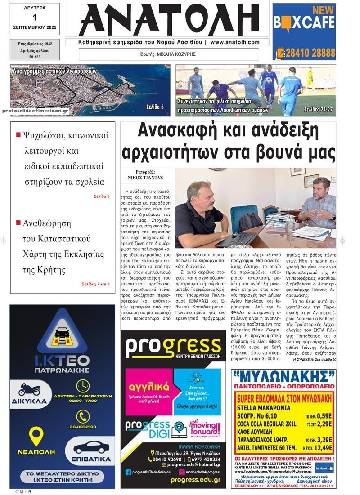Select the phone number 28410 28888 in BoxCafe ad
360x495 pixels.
point(308,53)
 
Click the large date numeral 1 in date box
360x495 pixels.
point(34,18)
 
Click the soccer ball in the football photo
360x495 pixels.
point(268,80)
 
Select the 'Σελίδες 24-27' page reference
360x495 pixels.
point(318,110)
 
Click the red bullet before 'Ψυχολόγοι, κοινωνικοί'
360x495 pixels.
point(18,134)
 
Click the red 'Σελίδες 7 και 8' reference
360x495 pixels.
point(96,284)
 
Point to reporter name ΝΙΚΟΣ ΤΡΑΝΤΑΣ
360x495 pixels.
point(145,178)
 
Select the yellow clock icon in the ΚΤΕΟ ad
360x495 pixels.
point(82,385)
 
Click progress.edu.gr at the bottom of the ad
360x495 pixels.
point(195,480)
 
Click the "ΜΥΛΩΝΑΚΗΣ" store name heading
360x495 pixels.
point(283,376)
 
